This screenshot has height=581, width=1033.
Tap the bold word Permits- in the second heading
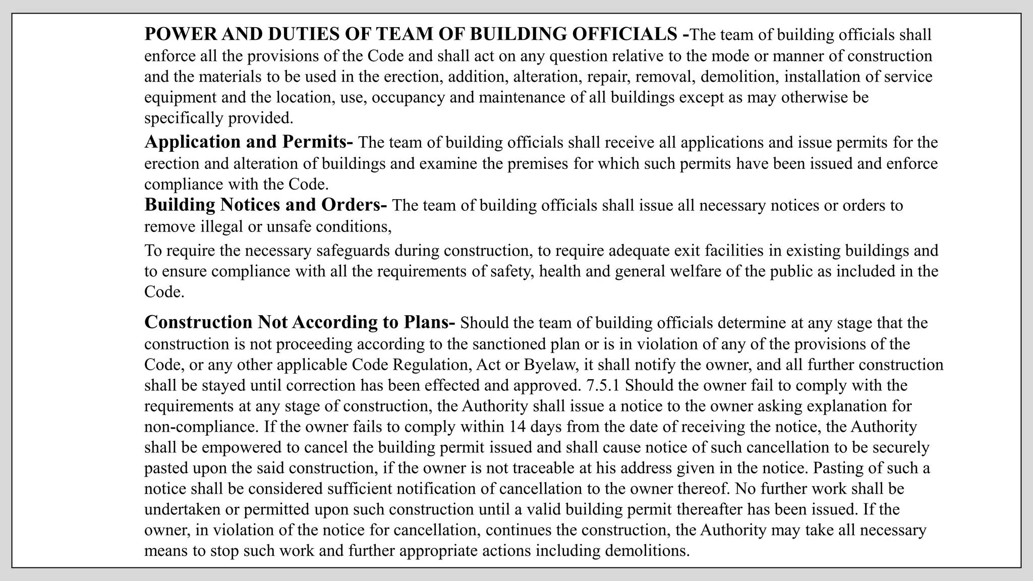pos(317,142)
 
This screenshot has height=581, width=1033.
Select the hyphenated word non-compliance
pos(201,427)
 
